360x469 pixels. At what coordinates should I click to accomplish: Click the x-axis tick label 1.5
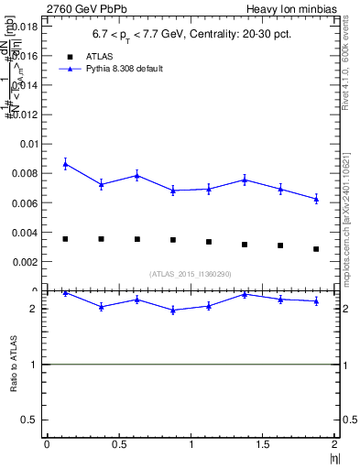pos(263,444)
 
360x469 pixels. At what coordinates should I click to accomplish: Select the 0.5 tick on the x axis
pos(118,444)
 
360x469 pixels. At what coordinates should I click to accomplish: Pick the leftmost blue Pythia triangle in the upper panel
pos(66,164)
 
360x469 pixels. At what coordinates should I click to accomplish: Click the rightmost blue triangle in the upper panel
pos(317,199)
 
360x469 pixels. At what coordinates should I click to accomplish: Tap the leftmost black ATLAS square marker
pos(66,239)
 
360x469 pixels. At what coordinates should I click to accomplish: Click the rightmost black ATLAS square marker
pos(317,249)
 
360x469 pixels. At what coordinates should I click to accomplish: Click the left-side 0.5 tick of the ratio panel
pos(34,419)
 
